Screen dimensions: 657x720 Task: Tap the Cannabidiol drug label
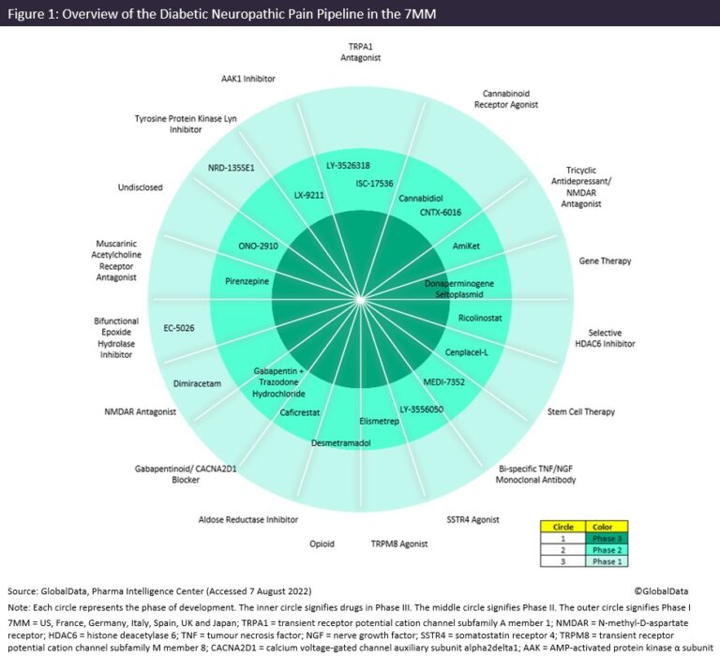421,199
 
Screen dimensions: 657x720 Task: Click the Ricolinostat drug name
480,318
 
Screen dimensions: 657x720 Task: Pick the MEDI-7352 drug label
446,381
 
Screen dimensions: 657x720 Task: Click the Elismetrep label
380,421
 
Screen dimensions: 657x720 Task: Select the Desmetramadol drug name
341,441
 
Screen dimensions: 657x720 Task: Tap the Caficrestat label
302,412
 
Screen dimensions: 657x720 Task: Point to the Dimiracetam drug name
198,383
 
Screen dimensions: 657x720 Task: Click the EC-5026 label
179,327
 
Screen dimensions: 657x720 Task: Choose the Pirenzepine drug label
247,280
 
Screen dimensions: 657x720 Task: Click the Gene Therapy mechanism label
605,261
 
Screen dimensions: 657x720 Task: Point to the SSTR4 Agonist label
472,519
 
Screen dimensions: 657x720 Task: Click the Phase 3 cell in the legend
605,538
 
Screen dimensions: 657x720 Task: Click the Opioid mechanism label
322,543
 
